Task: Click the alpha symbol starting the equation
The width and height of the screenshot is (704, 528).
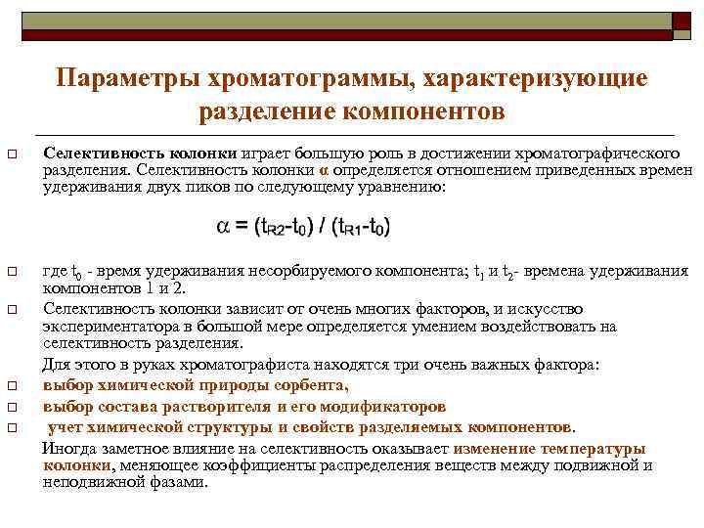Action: tap(223, 227)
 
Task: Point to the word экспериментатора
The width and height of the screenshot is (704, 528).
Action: tap(108, 326)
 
